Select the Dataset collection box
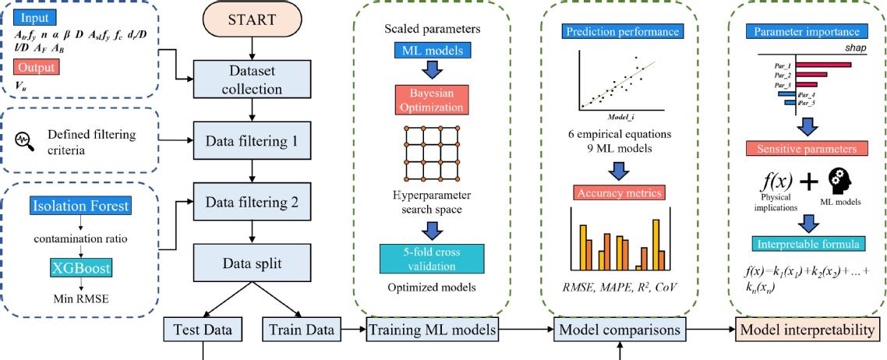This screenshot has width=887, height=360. point(251,80)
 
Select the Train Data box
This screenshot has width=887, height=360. point(299,330)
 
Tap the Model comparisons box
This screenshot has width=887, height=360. point(620,330)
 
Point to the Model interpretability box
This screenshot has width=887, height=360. point(807,330)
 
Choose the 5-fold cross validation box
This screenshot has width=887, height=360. point(431,259)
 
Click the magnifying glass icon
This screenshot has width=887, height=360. point(23,141)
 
